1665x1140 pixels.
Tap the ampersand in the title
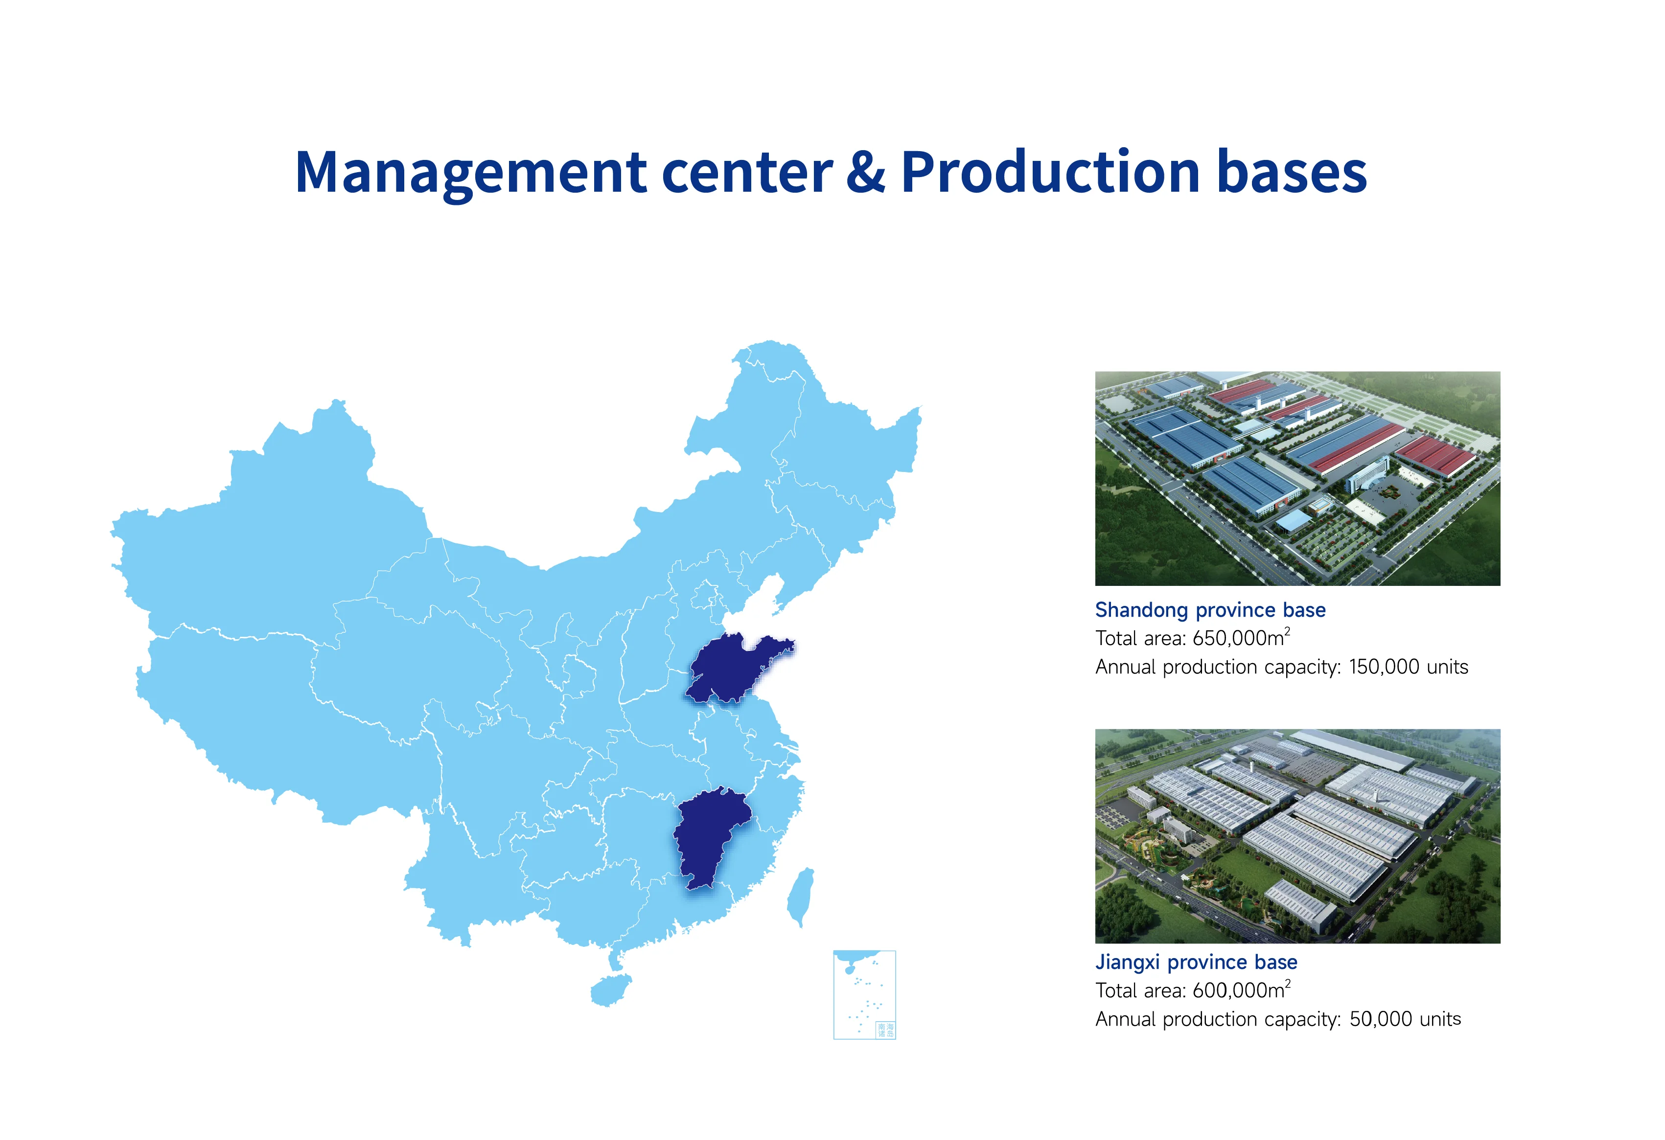[x=865, y=173]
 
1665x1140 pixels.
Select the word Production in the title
[x=1050, y=173]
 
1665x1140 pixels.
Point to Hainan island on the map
[x=610, y=991]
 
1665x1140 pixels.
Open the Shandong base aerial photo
[x=1297, y=478]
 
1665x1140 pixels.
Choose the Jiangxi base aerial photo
[x=1297, y=836]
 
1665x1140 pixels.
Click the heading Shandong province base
[x=1210, y=610]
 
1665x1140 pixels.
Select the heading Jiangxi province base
[x=1196, y=962]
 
